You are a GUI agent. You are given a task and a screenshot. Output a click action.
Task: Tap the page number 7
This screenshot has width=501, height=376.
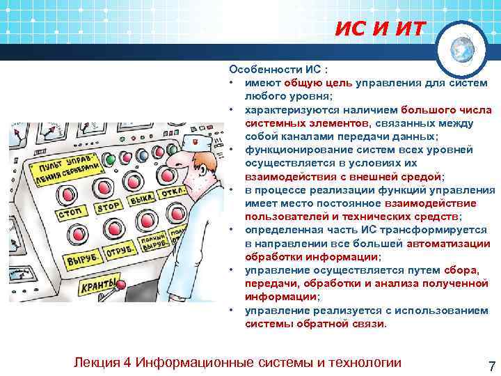pyautogui.click(x=492, y=367)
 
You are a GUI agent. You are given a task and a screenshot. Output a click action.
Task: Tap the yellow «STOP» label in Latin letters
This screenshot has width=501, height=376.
pyautogui.click(x=107, y=207)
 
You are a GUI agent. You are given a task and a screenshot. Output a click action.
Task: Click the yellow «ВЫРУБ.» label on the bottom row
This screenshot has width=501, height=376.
pyautogui.click(x=83, y=259)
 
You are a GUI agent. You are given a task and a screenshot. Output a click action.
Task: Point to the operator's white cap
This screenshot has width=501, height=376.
pyautogui.click(x=196, y=142)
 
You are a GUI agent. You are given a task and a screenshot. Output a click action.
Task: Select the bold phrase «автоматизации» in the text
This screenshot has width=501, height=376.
pyautogui.click(x=448, y=244)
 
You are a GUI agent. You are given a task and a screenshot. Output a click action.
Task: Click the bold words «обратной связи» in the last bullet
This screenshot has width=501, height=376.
pyautogui.click(x=334, y=324)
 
